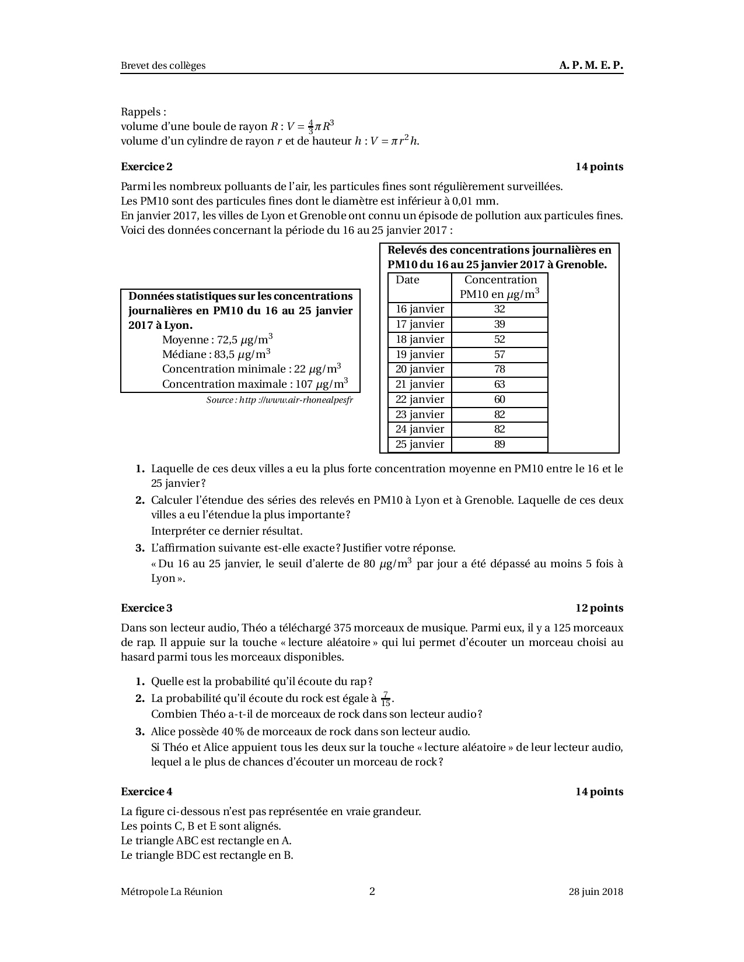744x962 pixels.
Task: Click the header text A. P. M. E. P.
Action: click(591, 65)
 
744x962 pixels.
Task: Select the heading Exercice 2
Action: click(146, 167)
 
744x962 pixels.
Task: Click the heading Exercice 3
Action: click(146, 608)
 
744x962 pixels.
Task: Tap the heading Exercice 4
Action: click(146, 792)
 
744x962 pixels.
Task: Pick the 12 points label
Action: click(599, 608)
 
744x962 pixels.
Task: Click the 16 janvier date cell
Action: click(420, 310)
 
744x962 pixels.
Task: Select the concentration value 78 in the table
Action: click(500, 370)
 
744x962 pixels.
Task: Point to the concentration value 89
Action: click(500, 444)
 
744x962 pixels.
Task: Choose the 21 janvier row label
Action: click(420, 384)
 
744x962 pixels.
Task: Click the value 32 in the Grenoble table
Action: click(500, 310)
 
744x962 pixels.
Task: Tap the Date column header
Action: click(407, 280)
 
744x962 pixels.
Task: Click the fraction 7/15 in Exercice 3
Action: click(385, 698)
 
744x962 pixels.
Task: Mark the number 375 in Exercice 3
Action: click(341, 628)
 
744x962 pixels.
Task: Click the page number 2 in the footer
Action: click(372, 891)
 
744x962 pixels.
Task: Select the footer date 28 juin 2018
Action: click(596, 891)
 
